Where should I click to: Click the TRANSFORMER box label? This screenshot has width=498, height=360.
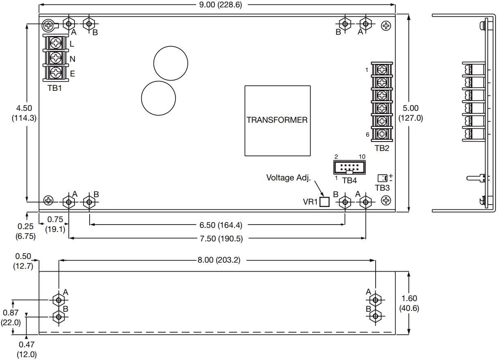[277, 120]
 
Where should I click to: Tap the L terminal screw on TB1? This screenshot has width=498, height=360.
[56, 43]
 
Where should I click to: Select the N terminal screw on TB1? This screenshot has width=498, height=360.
[56, 58]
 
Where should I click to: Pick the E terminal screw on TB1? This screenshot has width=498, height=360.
[56, 72]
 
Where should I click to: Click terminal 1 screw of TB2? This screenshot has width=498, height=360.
[382, 70]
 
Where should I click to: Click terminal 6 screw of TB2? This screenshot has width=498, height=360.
[382, 134]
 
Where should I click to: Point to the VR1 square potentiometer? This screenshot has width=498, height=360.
[324, 202]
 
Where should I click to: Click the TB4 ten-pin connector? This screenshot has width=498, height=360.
[349, 167]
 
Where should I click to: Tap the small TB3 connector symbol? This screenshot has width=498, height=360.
[382, 178]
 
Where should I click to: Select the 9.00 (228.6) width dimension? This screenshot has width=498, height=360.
[220, 4]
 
